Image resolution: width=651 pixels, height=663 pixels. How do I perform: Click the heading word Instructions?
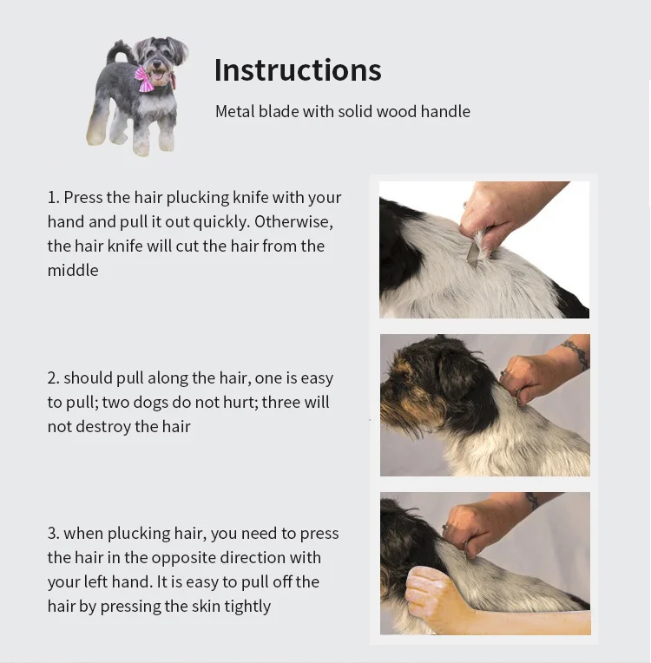coord(298,69)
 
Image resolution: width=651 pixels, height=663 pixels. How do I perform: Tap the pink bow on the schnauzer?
coord(145,79)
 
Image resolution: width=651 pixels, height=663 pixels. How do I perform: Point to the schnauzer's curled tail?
coord(116,51)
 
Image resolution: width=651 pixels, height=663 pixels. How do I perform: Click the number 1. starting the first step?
coord(53,198)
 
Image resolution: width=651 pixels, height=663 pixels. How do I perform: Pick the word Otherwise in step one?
coord(293,221)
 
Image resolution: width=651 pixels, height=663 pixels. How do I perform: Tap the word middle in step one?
coord(73,270)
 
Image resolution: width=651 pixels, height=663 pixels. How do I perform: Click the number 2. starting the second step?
coord(54,378)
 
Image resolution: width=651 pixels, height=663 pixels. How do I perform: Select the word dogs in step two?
coord(148,403)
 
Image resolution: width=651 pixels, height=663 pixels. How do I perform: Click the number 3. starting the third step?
coord(54,534)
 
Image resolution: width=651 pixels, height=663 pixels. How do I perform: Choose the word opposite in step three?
coord(183,558)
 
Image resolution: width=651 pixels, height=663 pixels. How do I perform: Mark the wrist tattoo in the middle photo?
coord(575,353)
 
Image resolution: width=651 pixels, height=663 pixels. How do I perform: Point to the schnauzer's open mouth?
coord(158,75)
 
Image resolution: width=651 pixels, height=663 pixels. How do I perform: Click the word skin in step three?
coord(207,607)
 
